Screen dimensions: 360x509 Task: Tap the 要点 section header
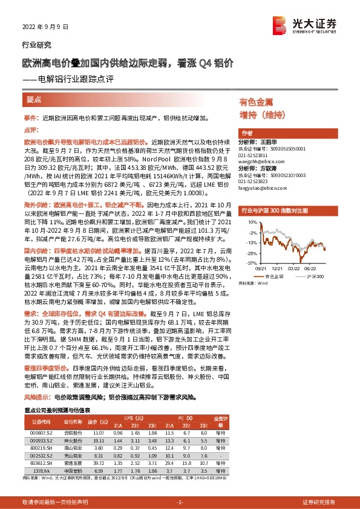34,100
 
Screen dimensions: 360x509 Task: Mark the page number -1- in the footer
179,502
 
